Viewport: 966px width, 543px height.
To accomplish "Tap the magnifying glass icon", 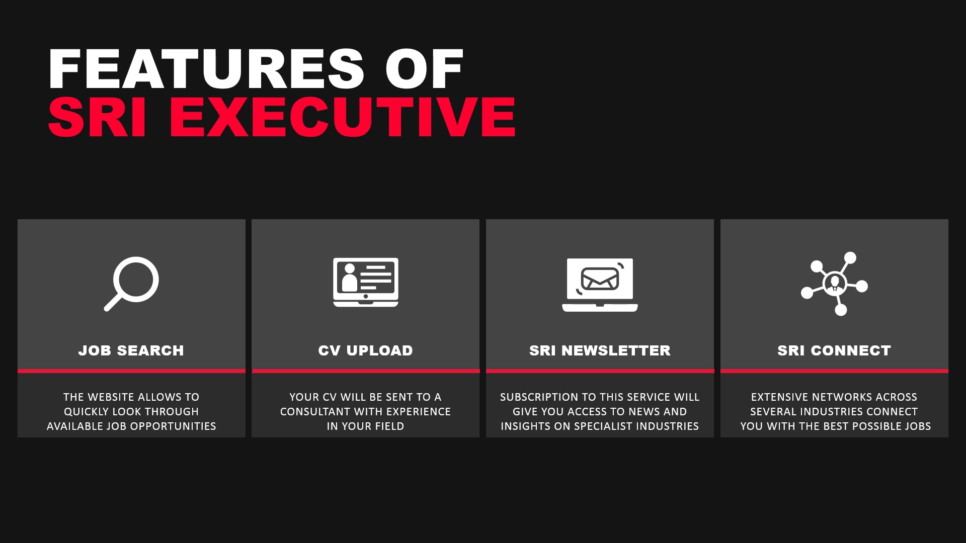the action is pyautogui.click(x=131, y=284).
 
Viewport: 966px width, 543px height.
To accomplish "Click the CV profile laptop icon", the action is pyautogui.click(x=366, y=282).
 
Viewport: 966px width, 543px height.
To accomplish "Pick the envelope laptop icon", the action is pyautogui.click(x=600, y=285).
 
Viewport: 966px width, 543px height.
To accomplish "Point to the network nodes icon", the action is pyautogui.click(x=834, y=284).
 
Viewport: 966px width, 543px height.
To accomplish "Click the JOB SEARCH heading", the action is pyautogui.click(x=131, y=350).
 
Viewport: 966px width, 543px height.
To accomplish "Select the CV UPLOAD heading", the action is pyautogui.click(x=366, y=350).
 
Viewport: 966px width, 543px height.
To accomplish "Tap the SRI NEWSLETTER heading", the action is pyautogui.click(x=600, y=350).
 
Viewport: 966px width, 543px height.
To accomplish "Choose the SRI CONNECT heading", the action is pyautogui.click(x=834, y=350).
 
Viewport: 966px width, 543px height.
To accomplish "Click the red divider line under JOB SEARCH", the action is pyautogui.click(x=131, y=371).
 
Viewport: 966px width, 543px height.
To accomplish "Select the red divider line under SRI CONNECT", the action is pyautogui.click(x=834, y=371).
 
